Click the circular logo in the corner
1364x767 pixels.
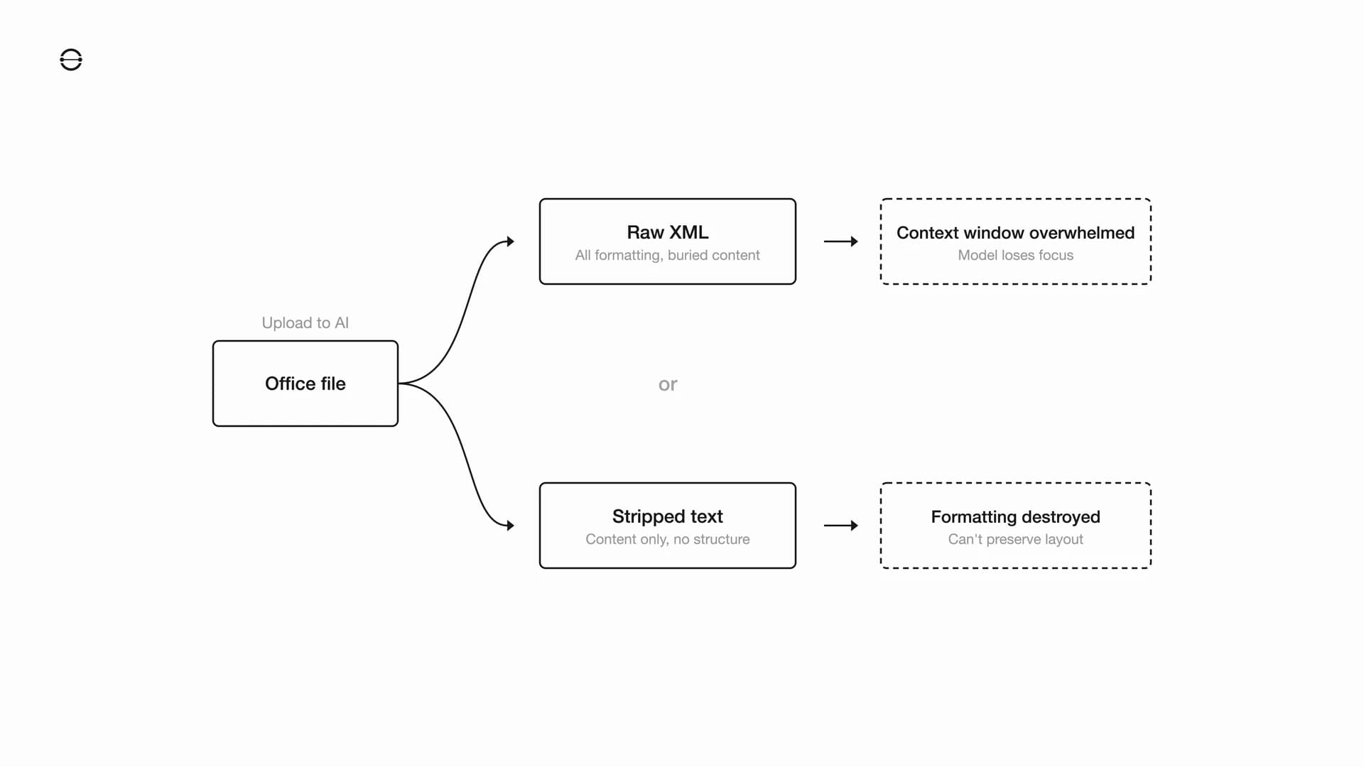click(x=71, y=60)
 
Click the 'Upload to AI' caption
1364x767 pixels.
click(x=305, y=322)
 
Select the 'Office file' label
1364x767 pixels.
click(x=305, y=383)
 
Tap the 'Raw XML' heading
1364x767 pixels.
click(x=667, y=232)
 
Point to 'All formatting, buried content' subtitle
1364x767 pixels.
click(x=667, y=255)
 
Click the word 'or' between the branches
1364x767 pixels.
click(x=667, y=384)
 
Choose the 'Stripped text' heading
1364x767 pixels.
click(x=667, y=516)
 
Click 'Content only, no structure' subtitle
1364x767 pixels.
click(x=667, y=539)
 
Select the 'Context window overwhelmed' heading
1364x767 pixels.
click(x=1015, y=232)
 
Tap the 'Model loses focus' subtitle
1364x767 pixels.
click(x=1015, y=255)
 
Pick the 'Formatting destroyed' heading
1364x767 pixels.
click(x=1015, y=516)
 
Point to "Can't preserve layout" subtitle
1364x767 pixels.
click(x=1015, y=539)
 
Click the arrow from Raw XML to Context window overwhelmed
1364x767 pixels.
click(x=840, y=241)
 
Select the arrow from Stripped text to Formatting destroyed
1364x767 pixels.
click(x=840, y=526)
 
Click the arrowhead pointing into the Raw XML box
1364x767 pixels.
click(x=510, y=241)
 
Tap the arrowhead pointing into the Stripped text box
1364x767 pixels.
click(x=510, y=526)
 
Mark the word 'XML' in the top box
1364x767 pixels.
click(x=689, y=232)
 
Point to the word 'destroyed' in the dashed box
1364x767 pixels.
click(x=1060, y=516)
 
